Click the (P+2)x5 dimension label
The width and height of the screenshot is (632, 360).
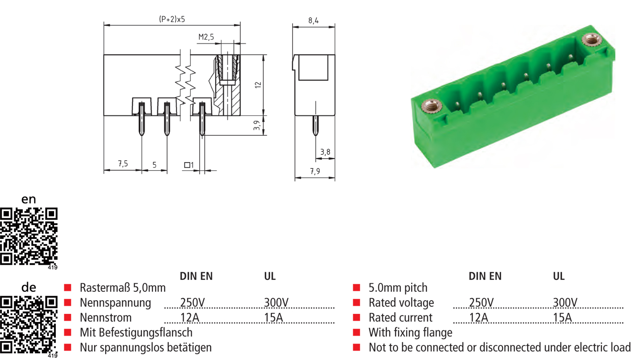172,19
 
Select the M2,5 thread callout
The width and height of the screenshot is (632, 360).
206,37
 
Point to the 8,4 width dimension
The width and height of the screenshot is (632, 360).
313,20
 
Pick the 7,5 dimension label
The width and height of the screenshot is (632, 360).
123,164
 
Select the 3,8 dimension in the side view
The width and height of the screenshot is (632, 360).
325,152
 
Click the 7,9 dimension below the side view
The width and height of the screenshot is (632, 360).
315,172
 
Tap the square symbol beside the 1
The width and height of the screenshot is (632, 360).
187,165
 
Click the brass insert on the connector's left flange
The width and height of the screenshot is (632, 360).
429,106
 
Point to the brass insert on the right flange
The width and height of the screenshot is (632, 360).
590,41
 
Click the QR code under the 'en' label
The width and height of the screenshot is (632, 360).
29,236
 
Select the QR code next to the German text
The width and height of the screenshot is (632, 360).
29,325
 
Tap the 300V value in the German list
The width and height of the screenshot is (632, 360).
276,303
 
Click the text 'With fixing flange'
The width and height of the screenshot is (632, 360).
410,333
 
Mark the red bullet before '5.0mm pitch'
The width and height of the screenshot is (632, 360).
357,288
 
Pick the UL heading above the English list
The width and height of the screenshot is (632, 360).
558,276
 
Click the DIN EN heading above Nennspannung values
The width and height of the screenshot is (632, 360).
196,276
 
